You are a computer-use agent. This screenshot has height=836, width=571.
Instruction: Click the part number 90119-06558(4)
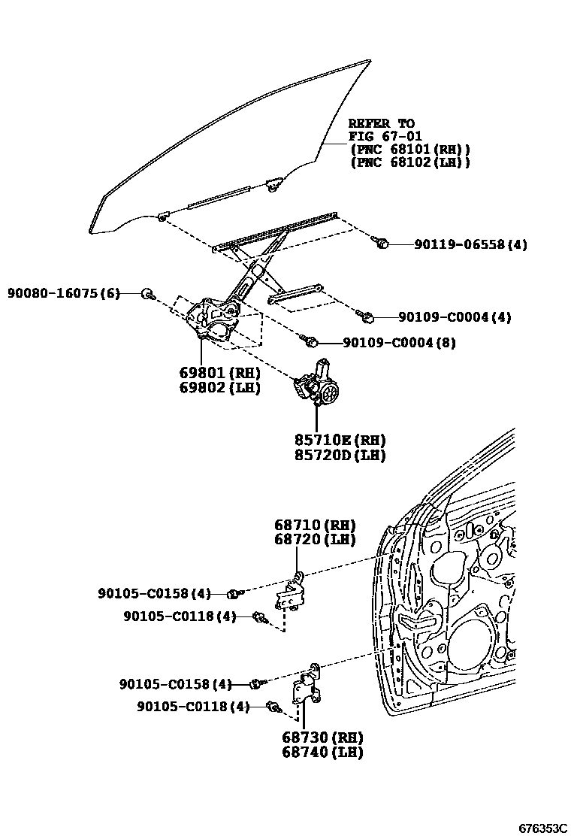coord(470,244)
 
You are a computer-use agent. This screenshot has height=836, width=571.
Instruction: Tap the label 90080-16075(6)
coord(64,293)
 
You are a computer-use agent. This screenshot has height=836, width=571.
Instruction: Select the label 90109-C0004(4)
coord(455,317)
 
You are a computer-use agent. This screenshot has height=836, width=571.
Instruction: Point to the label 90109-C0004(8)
coord(399,343)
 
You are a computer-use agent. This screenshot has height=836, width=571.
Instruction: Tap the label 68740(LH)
coord(322,752)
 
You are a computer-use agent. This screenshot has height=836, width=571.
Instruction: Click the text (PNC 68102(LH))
coord(410,162)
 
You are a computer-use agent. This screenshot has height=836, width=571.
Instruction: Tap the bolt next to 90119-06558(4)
coord(381,243)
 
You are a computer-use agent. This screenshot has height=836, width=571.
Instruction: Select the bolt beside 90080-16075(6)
coord(148,293)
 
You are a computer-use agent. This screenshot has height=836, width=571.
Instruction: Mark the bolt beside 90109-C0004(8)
coord(310,342)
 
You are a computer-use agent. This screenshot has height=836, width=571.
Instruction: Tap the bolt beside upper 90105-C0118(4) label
coord(261,618)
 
